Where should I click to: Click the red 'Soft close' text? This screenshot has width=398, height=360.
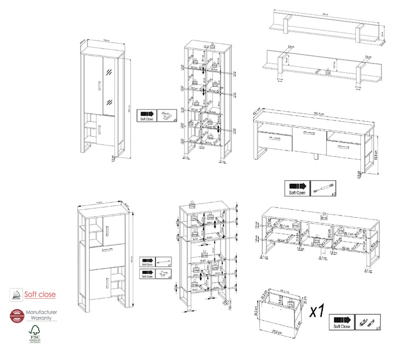(39, 294)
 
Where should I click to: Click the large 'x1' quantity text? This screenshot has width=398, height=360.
(316, 311)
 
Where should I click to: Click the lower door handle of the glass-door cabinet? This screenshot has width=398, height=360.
(100, 129)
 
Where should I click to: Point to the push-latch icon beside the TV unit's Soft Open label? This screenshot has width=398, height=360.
(323, 189)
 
